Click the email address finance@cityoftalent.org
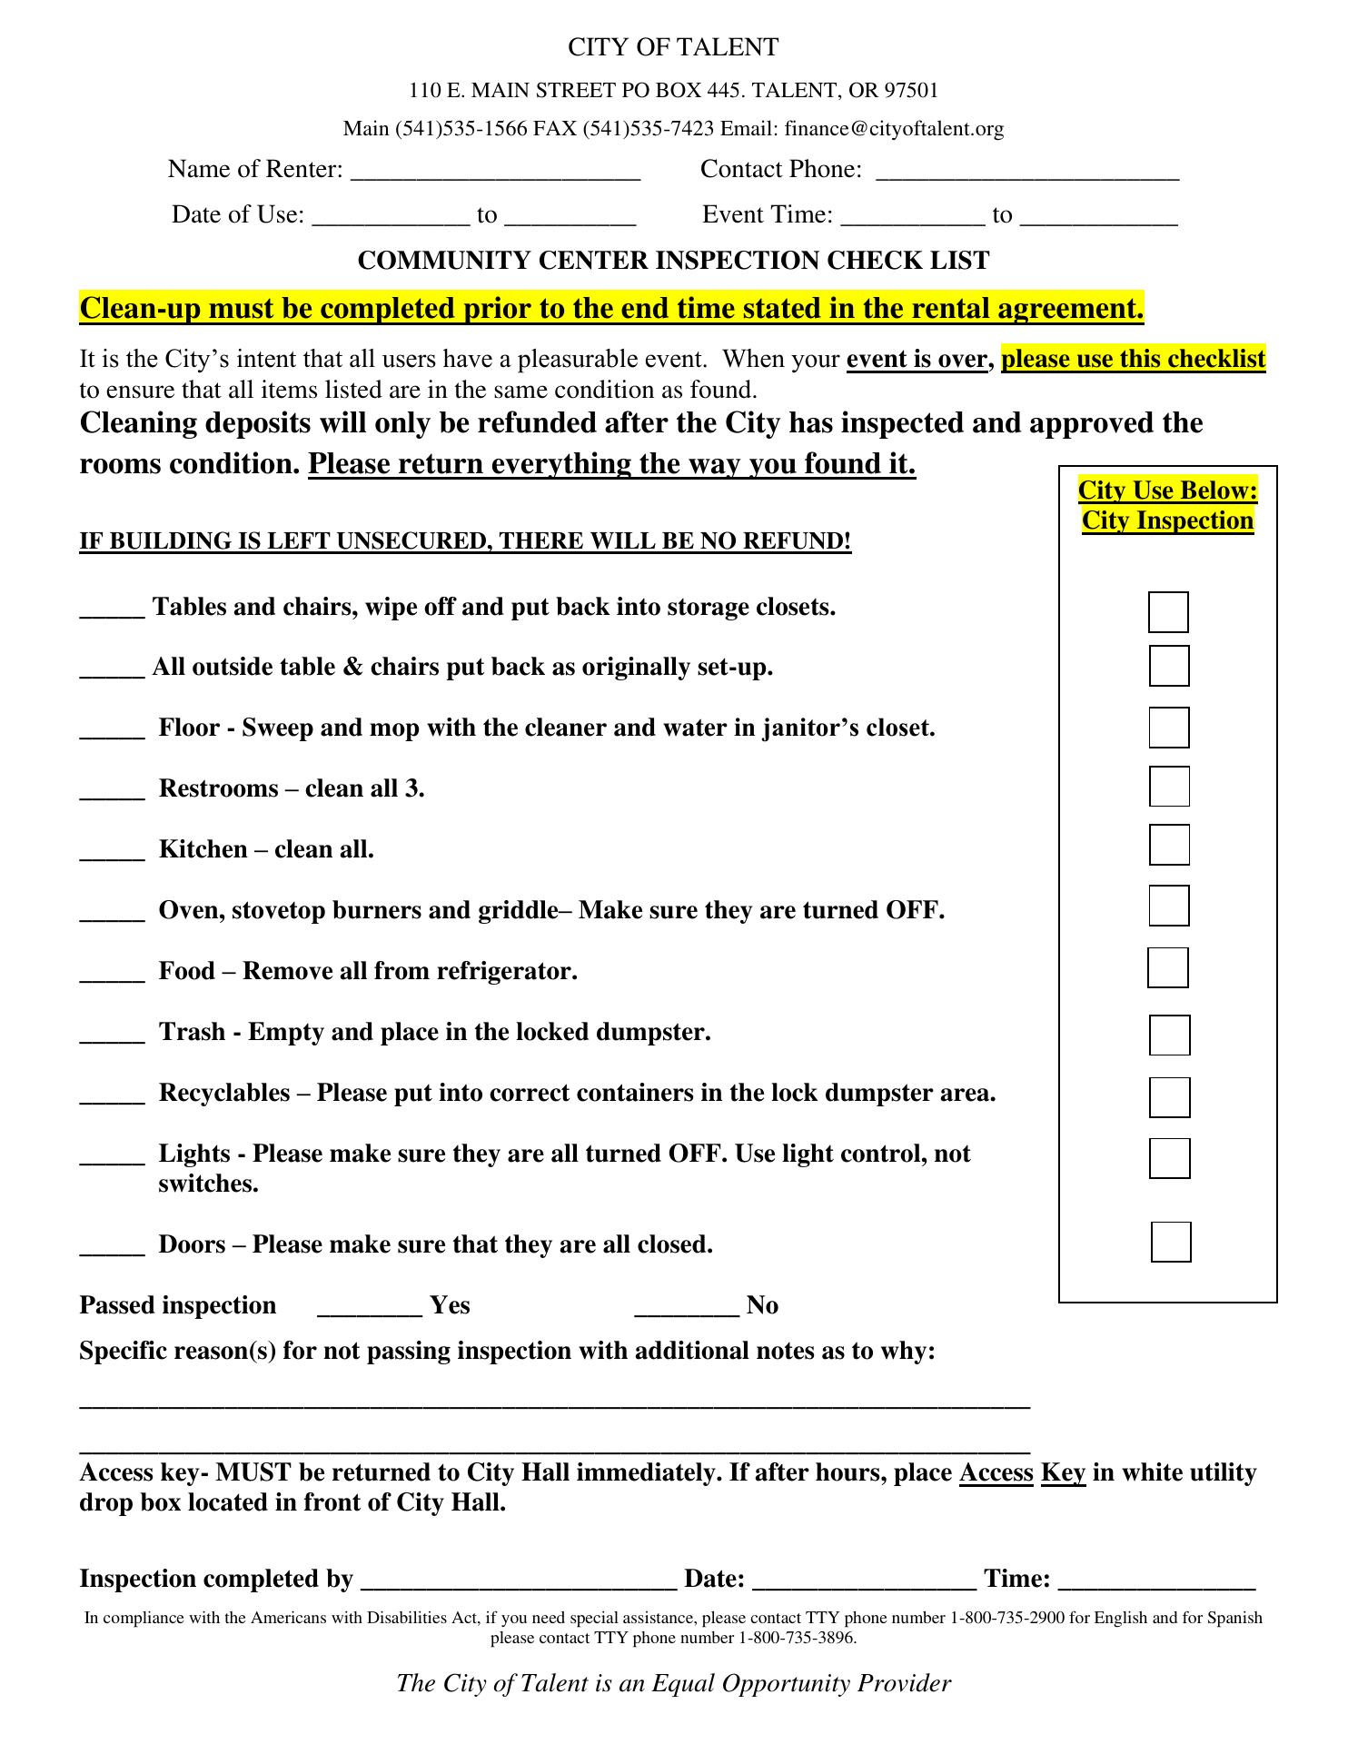coord(894,129)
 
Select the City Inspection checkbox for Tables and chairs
coord(1168,612)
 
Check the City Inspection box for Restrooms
coord(1169,787)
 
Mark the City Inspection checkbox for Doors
coord(1171,1243)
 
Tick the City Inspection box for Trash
coord(1169,1035)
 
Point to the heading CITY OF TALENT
coord(673,47)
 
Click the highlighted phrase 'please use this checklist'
coord(1133,360)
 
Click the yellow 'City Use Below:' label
coord(1167,490)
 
